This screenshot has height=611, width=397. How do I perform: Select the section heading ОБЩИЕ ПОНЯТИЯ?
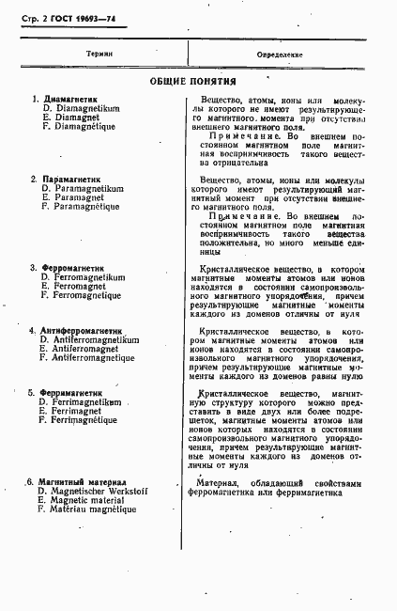point(194,82)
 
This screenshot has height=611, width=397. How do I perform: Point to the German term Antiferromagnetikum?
point(95,340)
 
